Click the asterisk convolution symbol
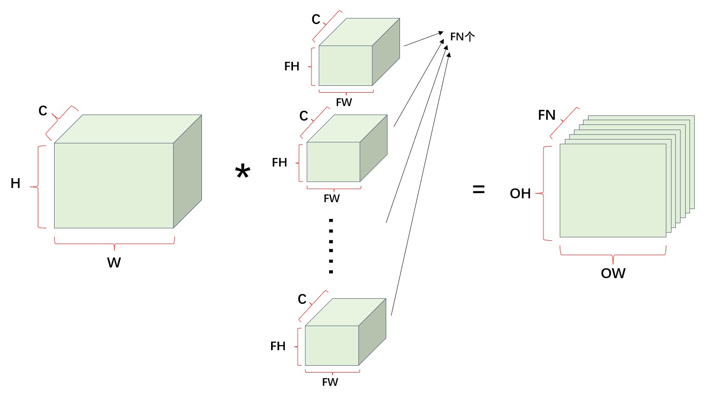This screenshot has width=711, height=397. tap(243, 172)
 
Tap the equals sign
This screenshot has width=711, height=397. tap(479, 190)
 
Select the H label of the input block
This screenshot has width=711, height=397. tap(15, 183)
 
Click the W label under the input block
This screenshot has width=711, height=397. tap(114, 263)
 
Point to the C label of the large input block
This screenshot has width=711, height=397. tap(43, 111)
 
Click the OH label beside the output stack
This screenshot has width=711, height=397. tap(520, 194)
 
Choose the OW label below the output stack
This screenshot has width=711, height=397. tap(613, 273)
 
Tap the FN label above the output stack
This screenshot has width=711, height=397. tap(546, 115)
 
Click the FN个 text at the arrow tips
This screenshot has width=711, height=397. tap(463, 37)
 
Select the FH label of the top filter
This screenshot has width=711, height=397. tap(292, 66)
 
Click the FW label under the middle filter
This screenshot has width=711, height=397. tap(332, 198)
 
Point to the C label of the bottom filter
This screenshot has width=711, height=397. tap(302, 299)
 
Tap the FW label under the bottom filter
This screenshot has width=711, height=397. tap(330, 382)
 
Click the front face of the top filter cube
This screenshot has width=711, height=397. tap(345, 66)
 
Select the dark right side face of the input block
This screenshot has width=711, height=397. tap(188, 171)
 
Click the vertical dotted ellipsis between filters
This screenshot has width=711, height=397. tap(331, 246)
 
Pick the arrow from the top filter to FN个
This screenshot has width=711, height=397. tap(424, 39)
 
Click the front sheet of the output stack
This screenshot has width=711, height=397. tap(613, 191)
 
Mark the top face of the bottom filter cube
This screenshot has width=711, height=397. tap(346, 312)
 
